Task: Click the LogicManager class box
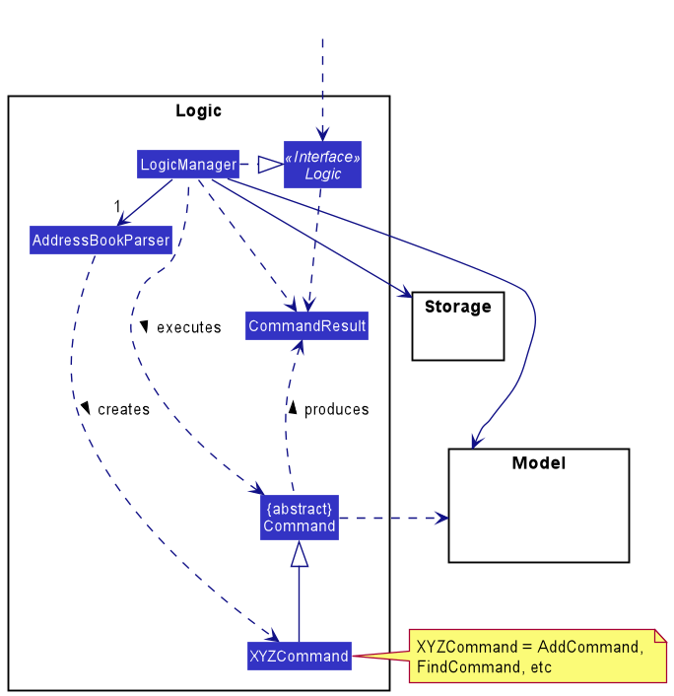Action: click(188, 164)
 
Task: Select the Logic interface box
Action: click(322, 165)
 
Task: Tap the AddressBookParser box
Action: click(101, 240)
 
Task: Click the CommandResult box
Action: click(306, 326)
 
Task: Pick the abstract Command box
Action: click(300, 518)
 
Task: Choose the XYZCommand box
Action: click(299, 656)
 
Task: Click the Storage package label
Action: click(457, 307)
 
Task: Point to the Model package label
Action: click(538, 462)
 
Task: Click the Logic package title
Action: click(198, 110)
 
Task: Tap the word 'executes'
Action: click(188, 327)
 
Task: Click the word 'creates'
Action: click(123, 409)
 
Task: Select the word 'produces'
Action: click(336, 409)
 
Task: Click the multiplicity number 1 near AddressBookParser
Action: click(116, 206)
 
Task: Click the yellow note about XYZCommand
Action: click(537, 657)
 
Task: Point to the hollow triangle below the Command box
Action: click(300, 555)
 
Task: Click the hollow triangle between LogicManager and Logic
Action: click(269, 164)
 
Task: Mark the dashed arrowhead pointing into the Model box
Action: click(441, 518)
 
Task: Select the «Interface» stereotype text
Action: click(322, 157)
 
